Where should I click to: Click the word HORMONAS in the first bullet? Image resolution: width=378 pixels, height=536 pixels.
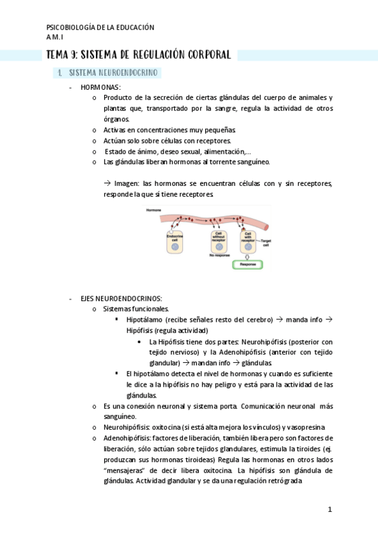101,87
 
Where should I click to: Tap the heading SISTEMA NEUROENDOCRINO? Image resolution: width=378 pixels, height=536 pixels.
114,73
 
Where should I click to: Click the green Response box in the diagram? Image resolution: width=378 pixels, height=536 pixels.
251,264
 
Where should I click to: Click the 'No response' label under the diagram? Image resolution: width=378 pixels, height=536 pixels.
218,256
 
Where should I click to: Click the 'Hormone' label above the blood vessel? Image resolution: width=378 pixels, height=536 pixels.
153,209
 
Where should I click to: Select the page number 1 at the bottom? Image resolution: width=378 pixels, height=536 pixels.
329,509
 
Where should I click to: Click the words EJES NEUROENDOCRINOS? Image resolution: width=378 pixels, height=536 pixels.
121,298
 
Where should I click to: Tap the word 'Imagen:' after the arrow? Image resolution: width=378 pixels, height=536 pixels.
128,184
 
